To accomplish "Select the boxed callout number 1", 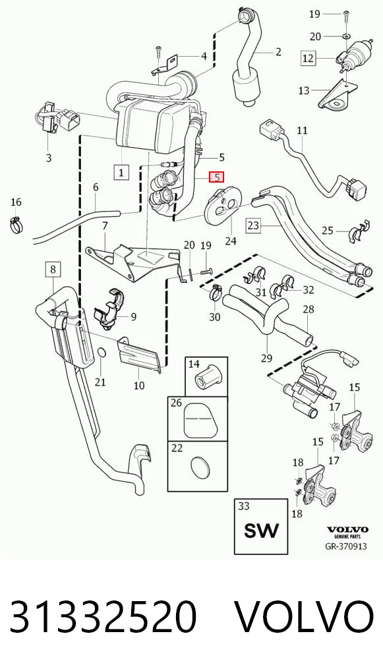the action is coord(121,173).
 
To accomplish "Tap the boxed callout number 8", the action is coord(53,270).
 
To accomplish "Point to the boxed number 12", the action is coord(308,58).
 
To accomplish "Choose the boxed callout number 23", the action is coord(254,225).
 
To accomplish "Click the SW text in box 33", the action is coord(261,531).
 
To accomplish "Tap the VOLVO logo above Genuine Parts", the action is coord(347,530).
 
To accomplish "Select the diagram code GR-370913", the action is coord(346,546).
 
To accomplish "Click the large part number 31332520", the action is coord(103,616).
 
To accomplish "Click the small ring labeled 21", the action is coord(102,352).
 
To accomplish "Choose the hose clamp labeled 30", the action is coord(216,292).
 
